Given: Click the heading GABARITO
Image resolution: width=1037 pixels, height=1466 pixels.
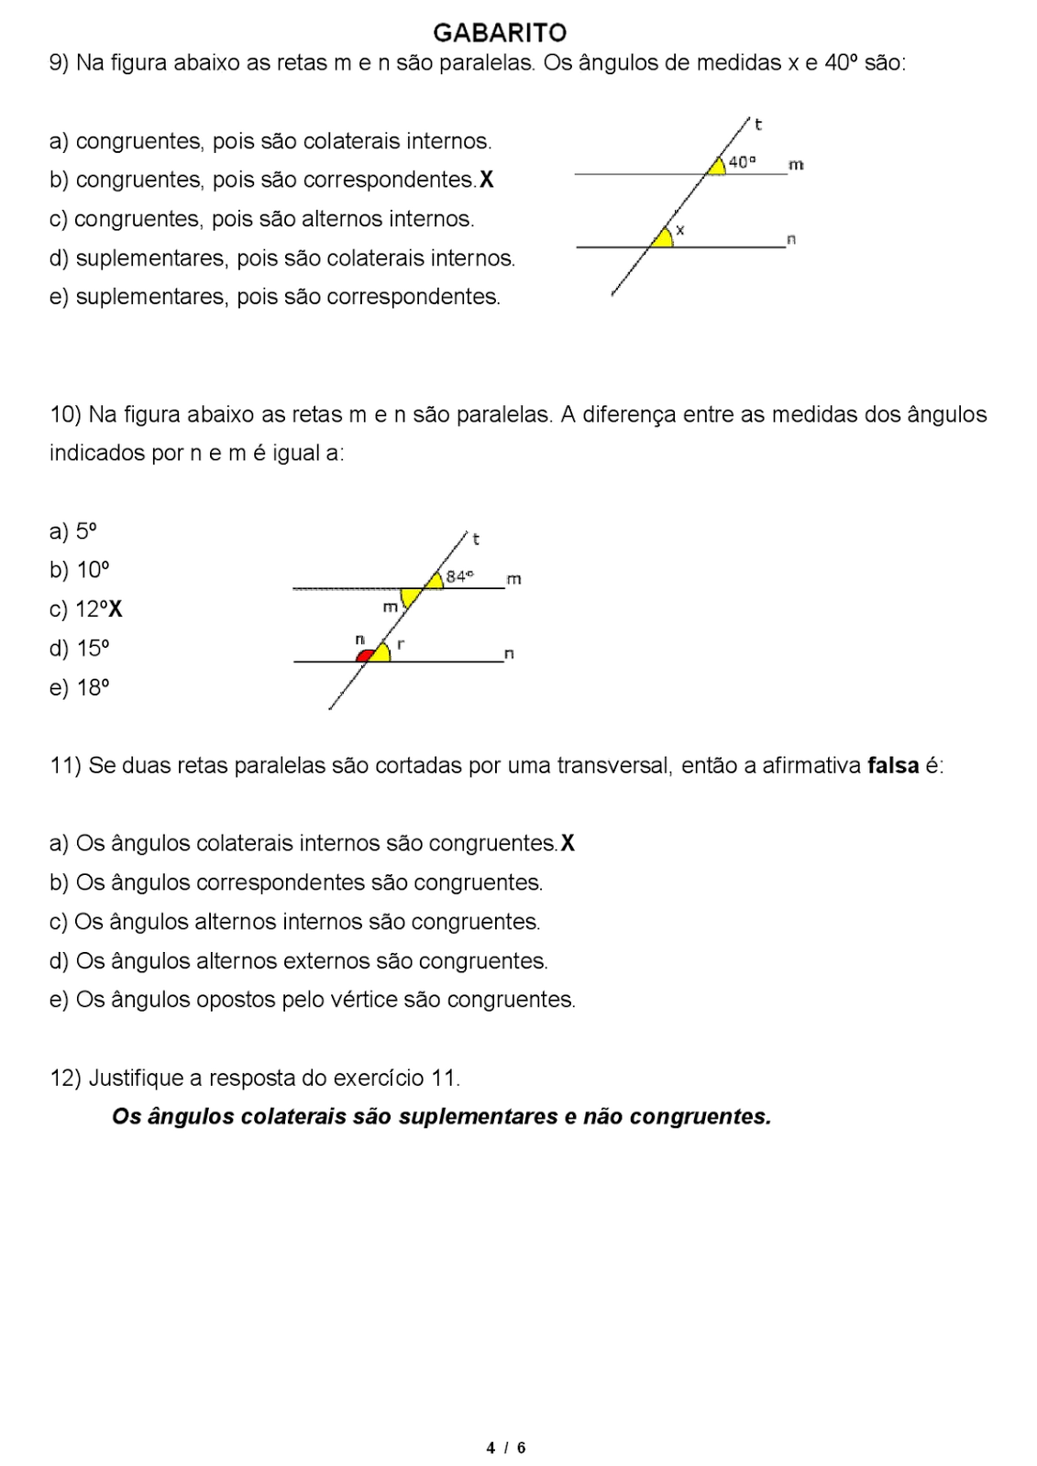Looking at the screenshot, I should click(x=500, y=33).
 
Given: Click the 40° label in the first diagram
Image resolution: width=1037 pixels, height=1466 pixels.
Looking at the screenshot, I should click(x=742, y=162).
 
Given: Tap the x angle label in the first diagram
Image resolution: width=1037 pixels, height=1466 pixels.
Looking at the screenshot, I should click(x=680, y=231).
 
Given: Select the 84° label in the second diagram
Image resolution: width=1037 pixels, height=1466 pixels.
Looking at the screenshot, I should click(x=459, y=576).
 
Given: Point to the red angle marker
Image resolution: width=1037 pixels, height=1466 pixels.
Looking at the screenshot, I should click(x=365, y=656).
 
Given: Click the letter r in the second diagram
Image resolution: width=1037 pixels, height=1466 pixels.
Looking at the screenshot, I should click(x=401, y=643).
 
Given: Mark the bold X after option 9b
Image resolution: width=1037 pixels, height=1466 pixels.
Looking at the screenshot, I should click(x=486, y=180).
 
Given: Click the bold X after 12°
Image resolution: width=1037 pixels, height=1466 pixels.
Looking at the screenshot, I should click(x=115, y=609).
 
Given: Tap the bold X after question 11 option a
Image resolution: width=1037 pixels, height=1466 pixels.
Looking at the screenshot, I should click(x=568, y=843).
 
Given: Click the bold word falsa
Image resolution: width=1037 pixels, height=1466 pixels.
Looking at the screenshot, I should click(x=892, y=765).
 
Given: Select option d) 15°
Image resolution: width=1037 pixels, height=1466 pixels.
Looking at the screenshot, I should click(x=80, y=649).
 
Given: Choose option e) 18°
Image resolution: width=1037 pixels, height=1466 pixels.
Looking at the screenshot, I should click(x=80, y=688).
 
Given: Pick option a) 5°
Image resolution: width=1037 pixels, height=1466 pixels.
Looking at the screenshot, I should click(x=73, y=531).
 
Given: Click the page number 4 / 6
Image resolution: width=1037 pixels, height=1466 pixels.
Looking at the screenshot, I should click(x=506, y=1448).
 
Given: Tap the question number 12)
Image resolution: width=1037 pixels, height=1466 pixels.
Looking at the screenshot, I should click(x=66, y=1078).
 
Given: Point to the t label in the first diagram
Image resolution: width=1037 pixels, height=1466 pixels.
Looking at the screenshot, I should click(x=758, y=124).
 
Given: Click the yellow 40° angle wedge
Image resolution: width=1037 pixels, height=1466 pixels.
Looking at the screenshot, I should click(x=716, y=166).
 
